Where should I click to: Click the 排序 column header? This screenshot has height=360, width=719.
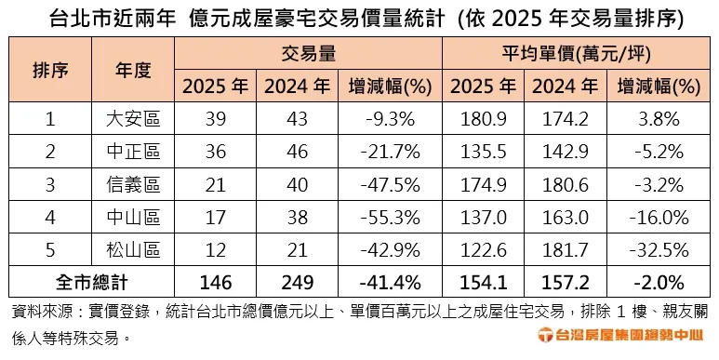[49, 70]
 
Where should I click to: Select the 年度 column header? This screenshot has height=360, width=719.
[133, 70]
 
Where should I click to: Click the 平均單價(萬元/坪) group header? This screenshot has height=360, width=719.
[578, 54]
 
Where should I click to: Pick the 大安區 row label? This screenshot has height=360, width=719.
[133, 118]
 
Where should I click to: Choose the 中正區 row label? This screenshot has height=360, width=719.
[133, 151]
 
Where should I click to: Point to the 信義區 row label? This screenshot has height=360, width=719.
[133, 184]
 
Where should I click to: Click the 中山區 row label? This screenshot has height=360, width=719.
[133, 217]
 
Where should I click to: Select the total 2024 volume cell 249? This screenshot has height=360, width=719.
[297, 282]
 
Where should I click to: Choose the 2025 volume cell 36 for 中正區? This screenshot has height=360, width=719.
[215, 151]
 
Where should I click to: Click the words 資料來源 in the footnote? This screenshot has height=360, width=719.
[38, 310]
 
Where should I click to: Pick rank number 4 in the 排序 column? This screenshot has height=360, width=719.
[49, 217]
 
